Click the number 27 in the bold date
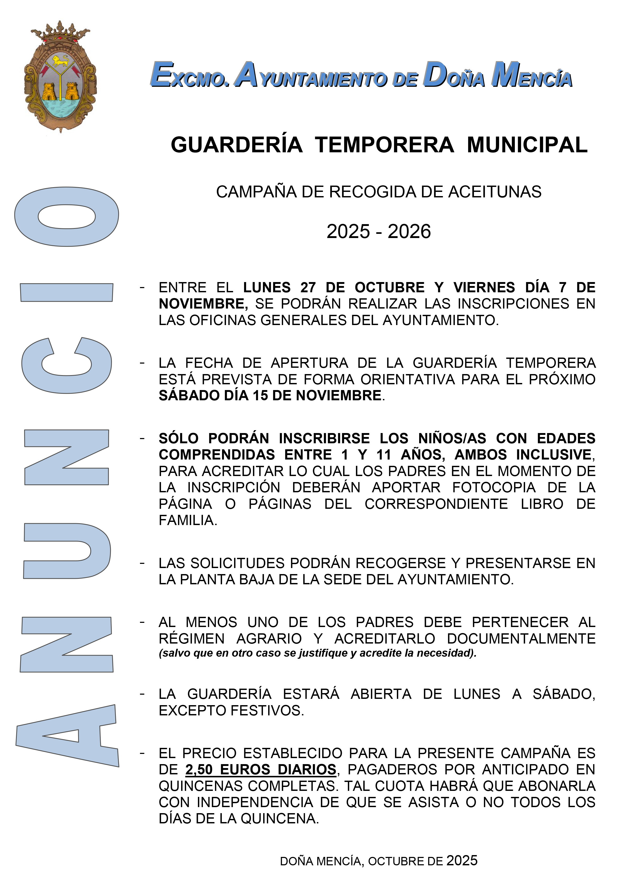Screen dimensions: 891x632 pos(308,288)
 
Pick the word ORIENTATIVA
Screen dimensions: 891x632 pos(407,379)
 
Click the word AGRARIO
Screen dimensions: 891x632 pos(269,639)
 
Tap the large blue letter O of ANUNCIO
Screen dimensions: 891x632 pos(67,217)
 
